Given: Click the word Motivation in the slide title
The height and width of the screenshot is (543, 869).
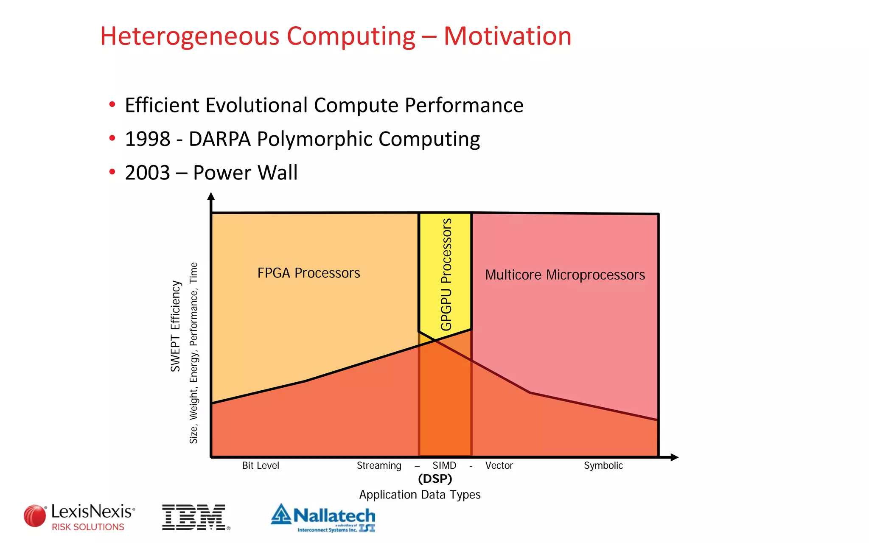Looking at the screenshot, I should (507, 36).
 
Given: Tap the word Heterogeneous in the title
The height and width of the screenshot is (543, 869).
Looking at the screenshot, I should (189, 36).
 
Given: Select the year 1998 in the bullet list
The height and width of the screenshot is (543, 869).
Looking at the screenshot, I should (147, 139).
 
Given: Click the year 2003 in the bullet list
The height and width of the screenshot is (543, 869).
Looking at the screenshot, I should (147, 173).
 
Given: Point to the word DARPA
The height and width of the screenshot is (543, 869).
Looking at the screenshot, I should (219, 139).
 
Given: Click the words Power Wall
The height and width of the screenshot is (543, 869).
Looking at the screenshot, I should (245, 173).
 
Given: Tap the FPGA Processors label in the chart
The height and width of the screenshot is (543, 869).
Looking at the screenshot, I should (308, 273).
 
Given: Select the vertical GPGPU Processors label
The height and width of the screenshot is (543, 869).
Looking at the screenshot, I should (446, 274).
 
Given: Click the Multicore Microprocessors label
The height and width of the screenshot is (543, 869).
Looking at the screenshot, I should (565, 275).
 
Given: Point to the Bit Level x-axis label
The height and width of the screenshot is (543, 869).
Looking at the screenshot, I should (261, 465).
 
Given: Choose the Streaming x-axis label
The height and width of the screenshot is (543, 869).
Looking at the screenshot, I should (379, 465).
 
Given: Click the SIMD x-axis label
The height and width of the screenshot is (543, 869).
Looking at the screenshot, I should (444, 465).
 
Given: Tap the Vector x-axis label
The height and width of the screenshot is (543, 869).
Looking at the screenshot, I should (499, 465).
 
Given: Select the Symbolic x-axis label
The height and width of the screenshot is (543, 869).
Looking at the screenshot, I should (603, 465).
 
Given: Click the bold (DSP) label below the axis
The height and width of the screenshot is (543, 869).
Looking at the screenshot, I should (435, 479).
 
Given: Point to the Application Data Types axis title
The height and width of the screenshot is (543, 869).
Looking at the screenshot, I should (420, 495).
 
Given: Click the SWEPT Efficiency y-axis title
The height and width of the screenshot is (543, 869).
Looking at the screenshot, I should (176, 326).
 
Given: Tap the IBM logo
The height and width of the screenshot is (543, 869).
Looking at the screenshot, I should (195, 517).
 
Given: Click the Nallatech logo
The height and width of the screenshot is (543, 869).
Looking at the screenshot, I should (323, 517).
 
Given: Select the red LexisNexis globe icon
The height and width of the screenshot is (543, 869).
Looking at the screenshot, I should (35, 516).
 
